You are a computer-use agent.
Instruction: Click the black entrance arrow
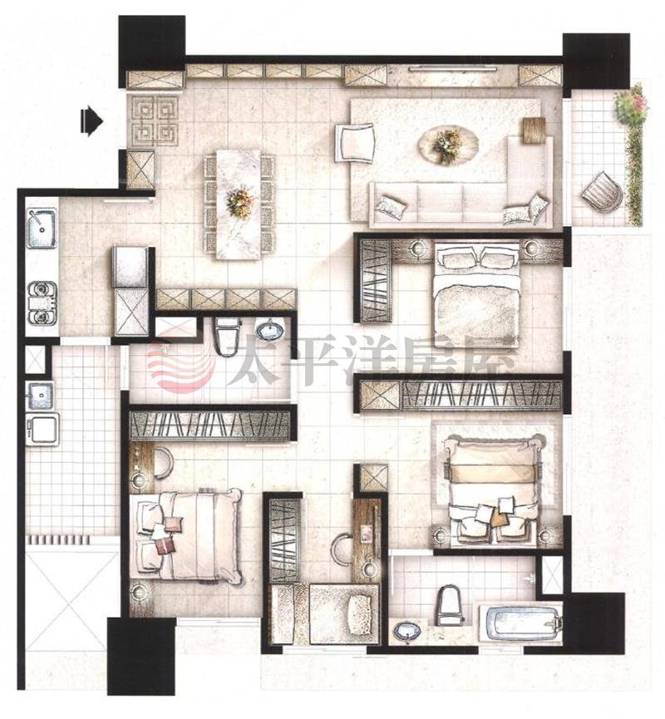pyautogui.click(x=91, y=121)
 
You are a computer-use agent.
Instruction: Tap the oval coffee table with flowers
pyautogui.click(x=447, y=145)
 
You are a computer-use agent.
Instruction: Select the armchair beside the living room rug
pyautogui.click(x=356, y=142)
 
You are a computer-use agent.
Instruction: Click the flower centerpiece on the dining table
pyautogui.click(x=239, y=201)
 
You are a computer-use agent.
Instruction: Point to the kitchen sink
pyautogui.click(x=42, y=228)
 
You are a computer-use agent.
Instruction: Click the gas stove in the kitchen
pyautogui.click(x=42, y=303)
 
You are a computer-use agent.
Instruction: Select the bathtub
pyautogui.click(x=521, y=623)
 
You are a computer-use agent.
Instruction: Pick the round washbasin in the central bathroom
pyautogui.click(x=269, y=330)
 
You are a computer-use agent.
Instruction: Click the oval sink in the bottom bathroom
pyautogui.click(x=407, y=631)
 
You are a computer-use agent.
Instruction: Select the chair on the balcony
pyautogui.click(x=602, y=192)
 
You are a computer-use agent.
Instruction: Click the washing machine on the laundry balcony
pyautogui.click(x=42, y=429)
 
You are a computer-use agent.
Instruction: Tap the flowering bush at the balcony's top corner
pyautogui.click(x=632, y=105)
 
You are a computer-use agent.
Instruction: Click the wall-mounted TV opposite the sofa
pyautogui.click(x=453, y=69)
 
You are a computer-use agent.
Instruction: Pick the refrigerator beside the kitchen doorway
pyautogui.click(x=131, y=267)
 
